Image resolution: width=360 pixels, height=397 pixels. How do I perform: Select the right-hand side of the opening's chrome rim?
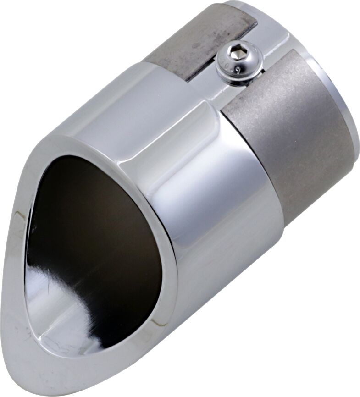pos(170,257)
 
